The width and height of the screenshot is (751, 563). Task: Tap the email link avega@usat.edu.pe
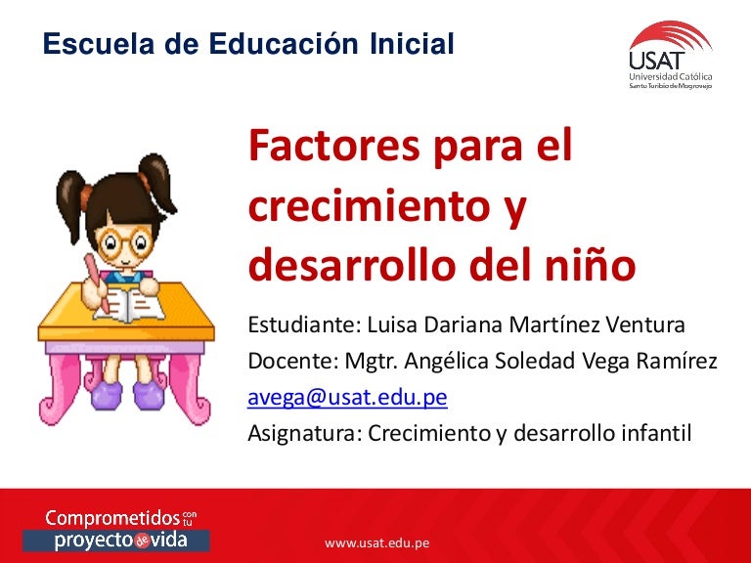pyautogui.click(x=347, y=398)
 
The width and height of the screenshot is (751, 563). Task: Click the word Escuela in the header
pyautogui.click(x=89, y=44)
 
